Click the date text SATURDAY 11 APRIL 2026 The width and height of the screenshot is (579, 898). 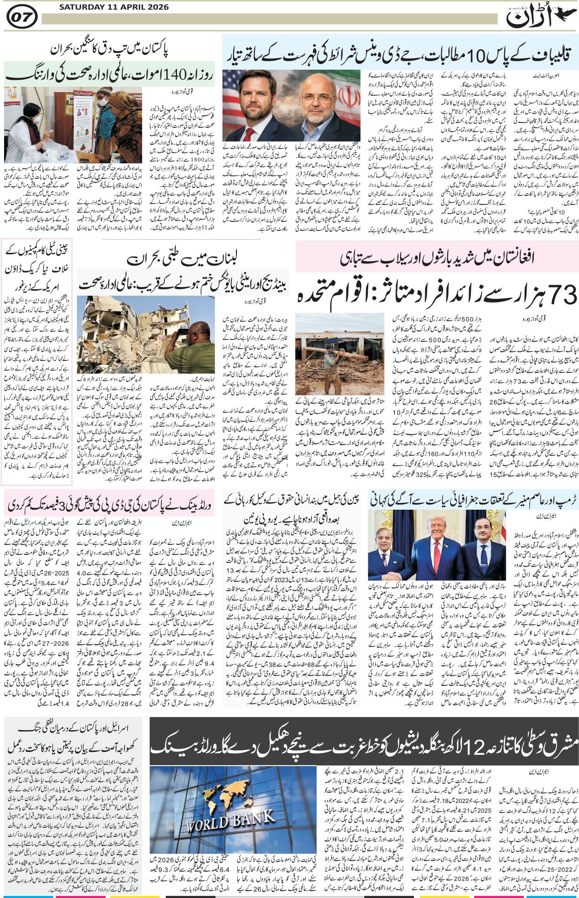[x=114, y=7]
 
